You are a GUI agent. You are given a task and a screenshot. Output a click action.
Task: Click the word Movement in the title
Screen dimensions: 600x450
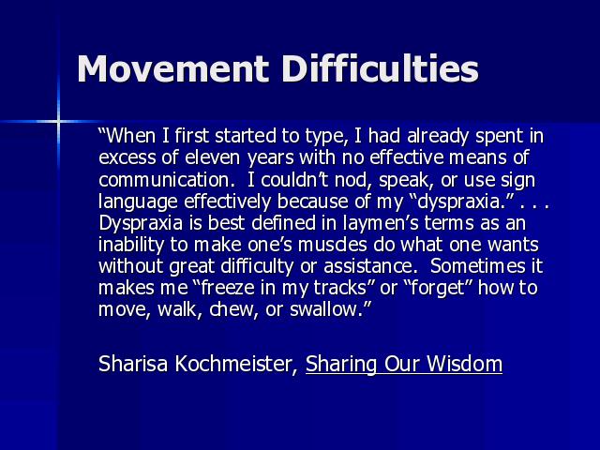point(172,68)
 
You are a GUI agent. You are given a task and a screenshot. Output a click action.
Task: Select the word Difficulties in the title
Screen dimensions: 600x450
point(381,68)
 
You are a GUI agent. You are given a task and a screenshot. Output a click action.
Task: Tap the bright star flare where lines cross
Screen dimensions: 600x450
point(58,122)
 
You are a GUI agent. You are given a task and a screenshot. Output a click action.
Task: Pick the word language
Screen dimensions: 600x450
point(138,202)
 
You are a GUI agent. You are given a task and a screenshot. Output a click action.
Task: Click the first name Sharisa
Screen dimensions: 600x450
point(133,363)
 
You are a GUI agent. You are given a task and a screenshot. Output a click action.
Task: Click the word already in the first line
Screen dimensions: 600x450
point(438,137)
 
